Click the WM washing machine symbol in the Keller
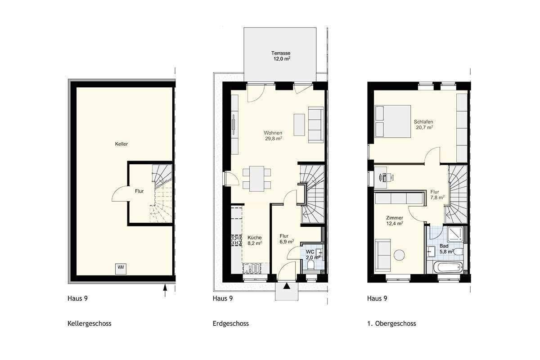121,269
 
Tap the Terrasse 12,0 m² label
281,56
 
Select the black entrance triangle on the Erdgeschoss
287,286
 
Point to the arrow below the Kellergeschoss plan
165,291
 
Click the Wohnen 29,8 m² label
273,135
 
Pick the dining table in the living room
257,179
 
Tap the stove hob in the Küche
237,240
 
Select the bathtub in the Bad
448,267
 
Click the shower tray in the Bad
455,234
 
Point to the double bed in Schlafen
393,121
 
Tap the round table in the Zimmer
399,255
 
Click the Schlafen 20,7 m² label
423,125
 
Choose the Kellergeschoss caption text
90,324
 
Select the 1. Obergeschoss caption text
391,324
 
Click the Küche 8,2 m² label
255,240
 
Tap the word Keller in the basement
121,144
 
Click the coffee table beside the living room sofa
299,125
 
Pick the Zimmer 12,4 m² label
395,220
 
